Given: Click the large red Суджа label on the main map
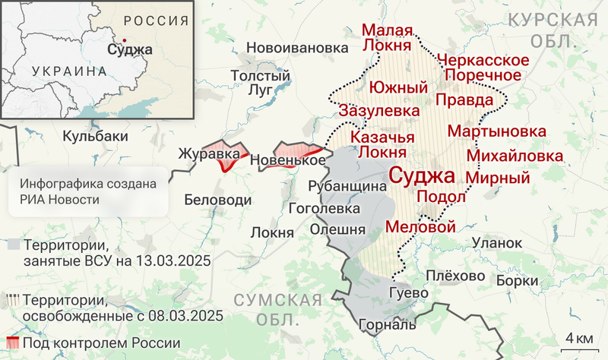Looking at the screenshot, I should (422, 177).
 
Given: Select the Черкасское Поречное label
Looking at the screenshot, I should (483, 68).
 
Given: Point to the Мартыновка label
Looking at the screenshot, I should (496, 131).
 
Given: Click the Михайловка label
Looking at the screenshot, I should (515, 156).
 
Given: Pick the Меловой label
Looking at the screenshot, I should (420, 226).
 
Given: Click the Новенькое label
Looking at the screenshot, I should (288, 161).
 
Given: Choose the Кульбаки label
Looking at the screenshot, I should (95, 136).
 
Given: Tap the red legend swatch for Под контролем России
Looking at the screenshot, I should (13, 343).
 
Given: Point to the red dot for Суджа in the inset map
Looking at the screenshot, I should (124, 40).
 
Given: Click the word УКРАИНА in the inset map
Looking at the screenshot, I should (68, 71).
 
